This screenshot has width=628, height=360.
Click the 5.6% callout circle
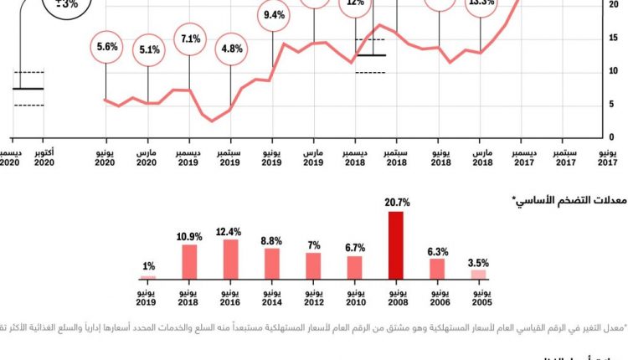[x=106, y=47]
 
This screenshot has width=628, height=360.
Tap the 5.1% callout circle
[x=148, y=49]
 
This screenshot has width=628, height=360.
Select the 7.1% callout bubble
[x=189, y=39]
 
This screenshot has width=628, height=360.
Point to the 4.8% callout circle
[x=230, y=48]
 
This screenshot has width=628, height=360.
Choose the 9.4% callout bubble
[x=273, y=15]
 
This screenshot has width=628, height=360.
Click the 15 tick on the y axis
[x=612, y=38]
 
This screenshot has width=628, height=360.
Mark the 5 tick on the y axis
[x=612, y=104]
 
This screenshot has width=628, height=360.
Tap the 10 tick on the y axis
[x=612, y=71]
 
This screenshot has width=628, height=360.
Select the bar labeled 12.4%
[x=230, y=259]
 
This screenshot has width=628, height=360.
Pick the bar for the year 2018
[x=189, y=261]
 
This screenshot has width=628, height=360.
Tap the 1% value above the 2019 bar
[x=148, y=267]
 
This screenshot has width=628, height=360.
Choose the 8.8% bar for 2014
[x=271, y=263]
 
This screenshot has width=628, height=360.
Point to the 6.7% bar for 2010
[x=354, y=267]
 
